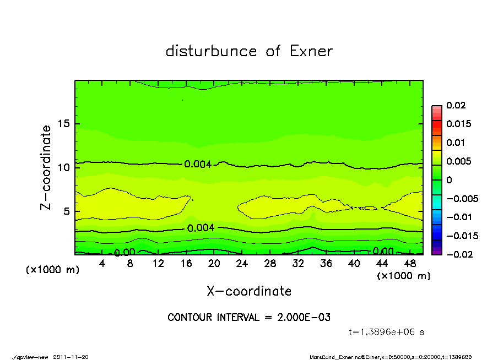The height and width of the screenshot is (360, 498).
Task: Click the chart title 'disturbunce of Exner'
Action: pos(249,51)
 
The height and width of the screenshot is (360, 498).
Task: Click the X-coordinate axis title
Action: pos(249,291)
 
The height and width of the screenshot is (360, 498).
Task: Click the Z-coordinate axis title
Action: pos(46,167)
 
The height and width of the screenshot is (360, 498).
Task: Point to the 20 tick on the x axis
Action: pos(214,264)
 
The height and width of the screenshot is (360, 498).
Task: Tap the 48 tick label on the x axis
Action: pos(409,264)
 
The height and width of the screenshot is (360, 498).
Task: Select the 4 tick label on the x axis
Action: pos(102,264)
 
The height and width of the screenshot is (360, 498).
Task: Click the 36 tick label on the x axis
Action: pos(326,264)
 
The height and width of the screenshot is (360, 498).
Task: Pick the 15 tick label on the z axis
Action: pos(64,124)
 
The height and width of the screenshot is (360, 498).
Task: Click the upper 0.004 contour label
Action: pos(198,164)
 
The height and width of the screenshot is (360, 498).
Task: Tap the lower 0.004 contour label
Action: pos(201,228)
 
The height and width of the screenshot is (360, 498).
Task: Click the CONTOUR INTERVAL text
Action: pos(249,318)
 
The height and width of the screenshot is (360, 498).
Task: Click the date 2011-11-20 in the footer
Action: pos(71,357)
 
